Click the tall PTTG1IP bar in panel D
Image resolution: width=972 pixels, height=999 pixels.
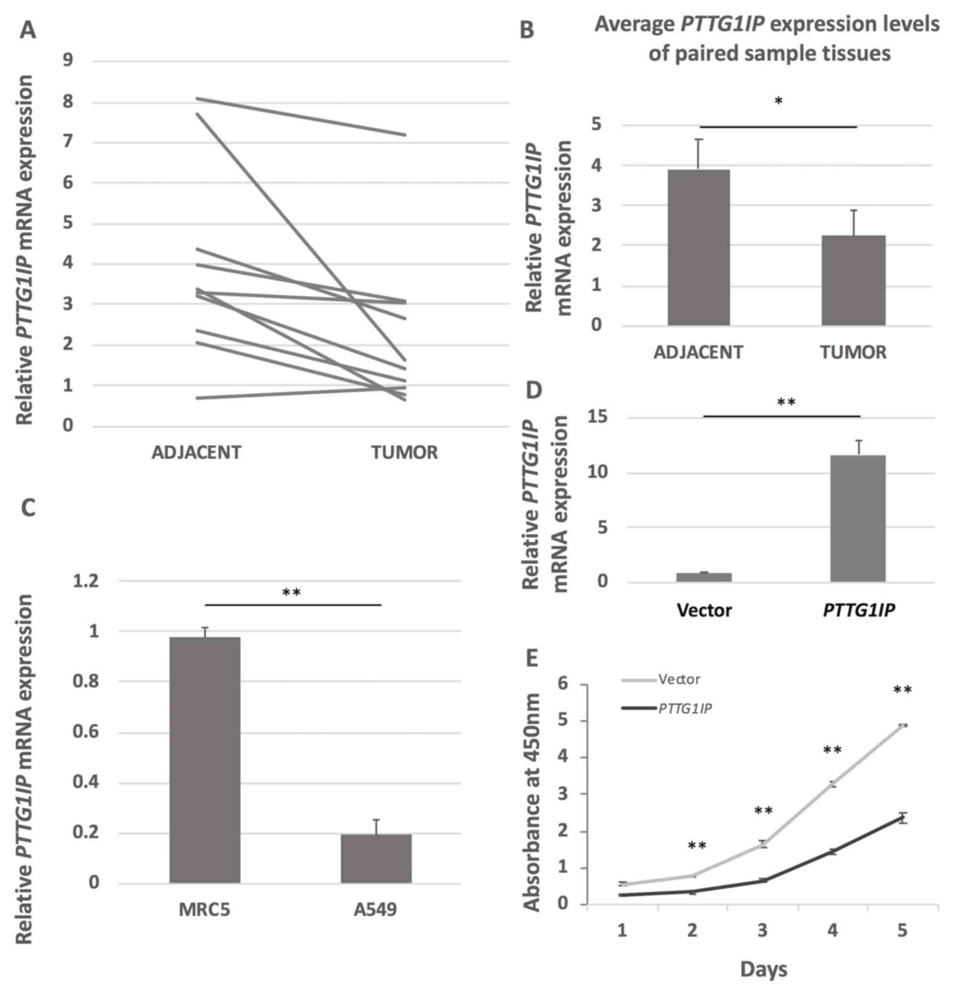[x=857, y=518]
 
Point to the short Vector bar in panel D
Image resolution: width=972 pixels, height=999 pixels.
[x=704, y=577]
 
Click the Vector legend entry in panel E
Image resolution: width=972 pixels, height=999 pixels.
[x=679, y=679]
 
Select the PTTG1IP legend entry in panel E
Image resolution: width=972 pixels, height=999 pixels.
[x=684, y=708]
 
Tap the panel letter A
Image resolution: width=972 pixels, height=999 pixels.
[x=28, y=31]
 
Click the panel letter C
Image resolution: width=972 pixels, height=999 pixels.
[x=28, y=508]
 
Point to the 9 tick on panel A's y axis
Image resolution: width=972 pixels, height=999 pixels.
[x=68, y=61]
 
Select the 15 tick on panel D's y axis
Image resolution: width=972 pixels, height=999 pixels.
[x=597, y=417]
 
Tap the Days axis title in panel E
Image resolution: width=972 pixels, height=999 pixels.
[x=764, y=968]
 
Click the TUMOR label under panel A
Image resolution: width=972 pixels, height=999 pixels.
[x=404, y=453]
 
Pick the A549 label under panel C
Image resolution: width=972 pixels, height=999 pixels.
[x=375, y=909]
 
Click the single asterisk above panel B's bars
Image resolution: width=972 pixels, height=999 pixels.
[x=778, y=101]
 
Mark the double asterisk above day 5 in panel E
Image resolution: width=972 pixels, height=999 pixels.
[x=902, y=690]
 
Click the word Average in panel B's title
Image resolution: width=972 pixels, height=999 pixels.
[x=635, y=24]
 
